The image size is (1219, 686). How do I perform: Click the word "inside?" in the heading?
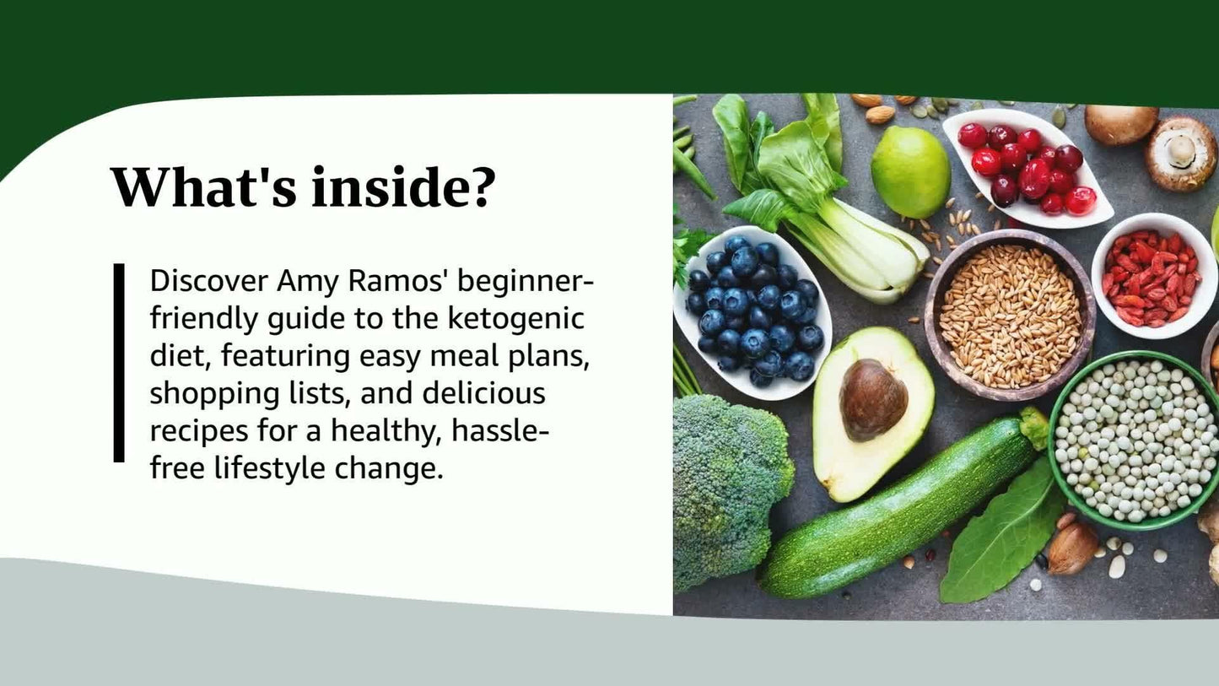pyautogui.click(x=402, y=187)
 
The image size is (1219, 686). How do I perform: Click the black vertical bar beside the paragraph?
pyautogui.click(x=119, y=363)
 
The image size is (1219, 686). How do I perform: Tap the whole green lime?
pyautogui.click(x=910, y=172)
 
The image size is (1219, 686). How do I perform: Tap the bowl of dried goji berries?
pyautogui.click(x=1153, y=276)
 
